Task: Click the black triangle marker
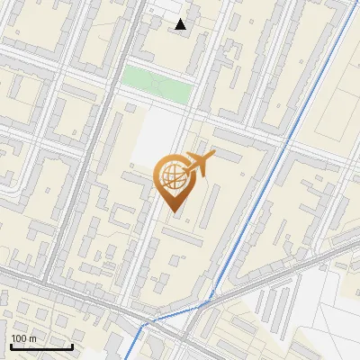tap(182, 24)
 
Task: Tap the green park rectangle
tap(157, 85)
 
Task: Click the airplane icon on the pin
tap(199, 165)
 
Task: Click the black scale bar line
tap(41, 346)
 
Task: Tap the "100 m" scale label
tap(24, 338)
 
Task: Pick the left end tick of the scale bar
tap(11, 346)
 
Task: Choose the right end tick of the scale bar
tap(72, 346)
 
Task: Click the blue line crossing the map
tap(261, 180)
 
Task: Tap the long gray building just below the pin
tap(184, 236)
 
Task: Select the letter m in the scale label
tap(32, 338)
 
